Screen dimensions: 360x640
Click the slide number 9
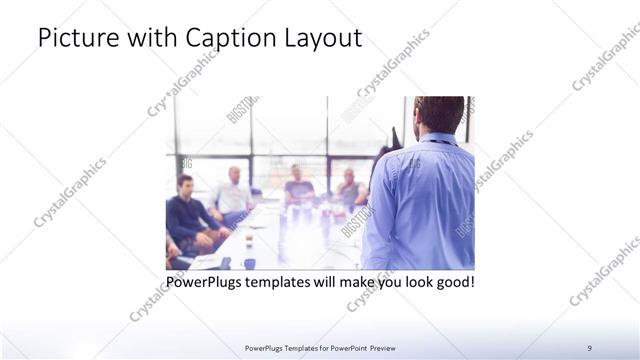tap(589, 347)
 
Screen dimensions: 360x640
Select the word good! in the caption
tap(454, 282)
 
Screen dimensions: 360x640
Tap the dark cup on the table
tap(248, 263)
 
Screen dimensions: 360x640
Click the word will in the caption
tap(339, 282)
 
